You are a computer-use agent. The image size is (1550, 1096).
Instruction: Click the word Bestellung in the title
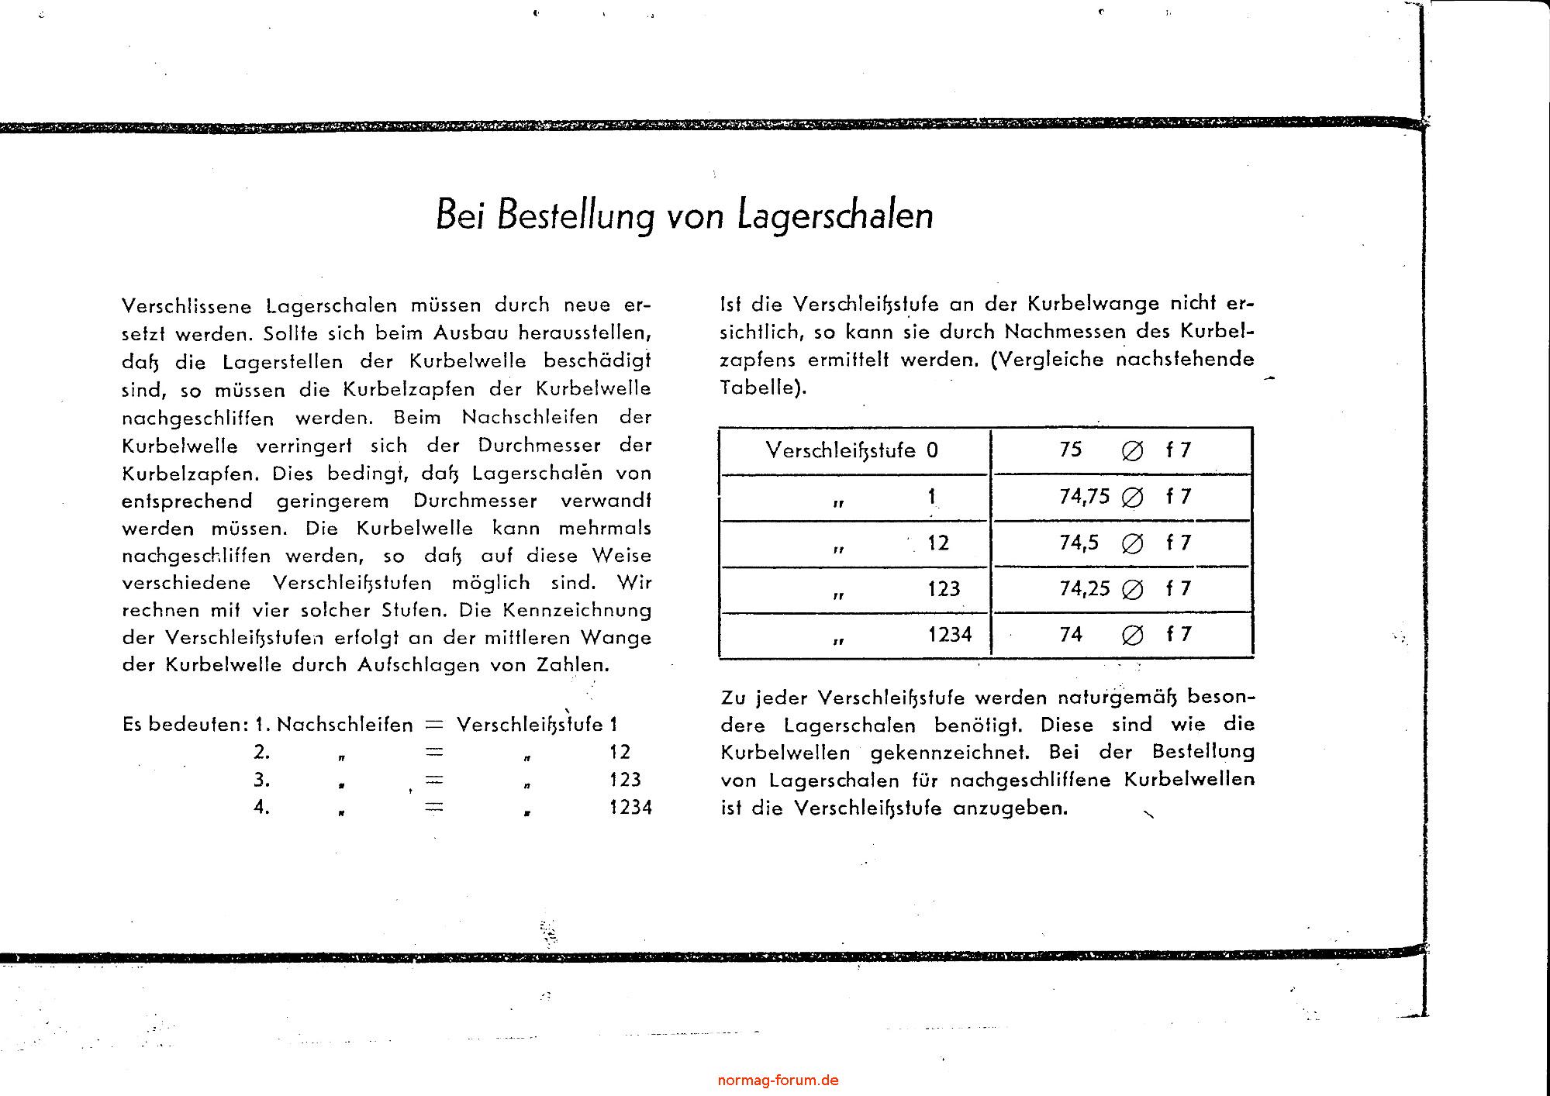tap(577, 216)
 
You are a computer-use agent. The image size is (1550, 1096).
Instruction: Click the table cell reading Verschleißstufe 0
tap(851, 450)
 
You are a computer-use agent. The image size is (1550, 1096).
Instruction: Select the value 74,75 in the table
tap(1085, 496)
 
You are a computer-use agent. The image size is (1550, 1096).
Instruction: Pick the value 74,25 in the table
tap(1085, 588)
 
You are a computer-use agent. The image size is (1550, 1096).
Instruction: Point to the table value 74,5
tap(1079, 543)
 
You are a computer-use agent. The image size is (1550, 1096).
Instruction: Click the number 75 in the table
tap(1070, 450)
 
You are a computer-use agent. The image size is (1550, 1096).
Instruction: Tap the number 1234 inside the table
tap(950, 635)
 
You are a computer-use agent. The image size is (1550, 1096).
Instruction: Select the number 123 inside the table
tap(944, 589)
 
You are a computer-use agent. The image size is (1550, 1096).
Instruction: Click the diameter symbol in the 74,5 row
tap(1132, 543)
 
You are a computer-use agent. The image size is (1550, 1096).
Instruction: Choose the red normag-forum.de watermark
tap(778, 1080)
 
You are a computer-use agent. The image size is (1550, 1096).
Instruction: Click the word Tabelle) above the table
tap(763, 388)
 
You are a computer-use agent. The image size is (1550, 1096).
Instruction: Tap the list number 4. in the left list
tap(262, 807)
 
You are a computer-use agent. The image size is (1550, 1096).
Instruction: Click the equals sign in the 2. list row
tap(433, 752)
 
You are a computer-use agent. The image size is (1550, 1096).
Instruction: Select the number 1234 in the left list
tap(630, 808)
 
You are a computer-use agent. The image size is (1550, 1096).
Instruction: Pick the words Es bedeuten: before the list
tap(185, 725)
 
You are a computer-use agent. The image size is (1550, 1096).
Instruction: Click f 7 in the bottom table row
tap(1178, 635)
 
